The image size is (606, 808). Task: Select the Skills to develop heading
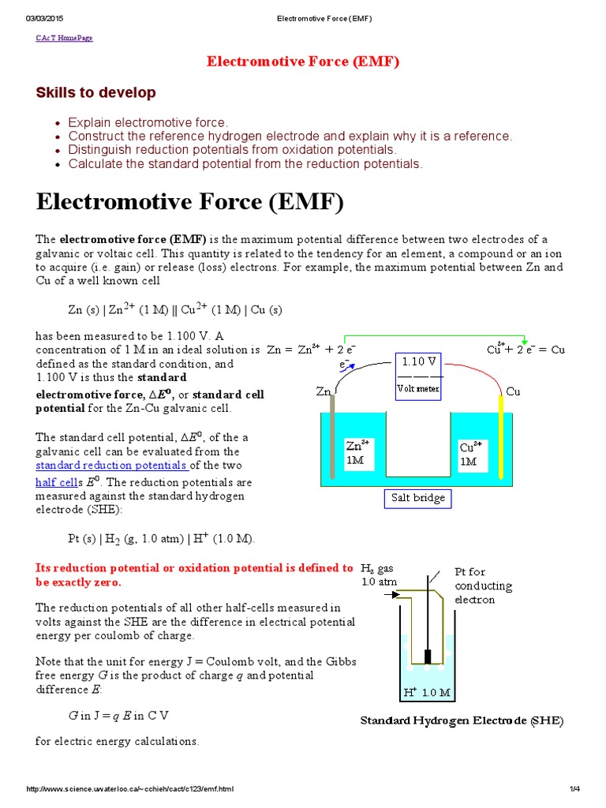95,92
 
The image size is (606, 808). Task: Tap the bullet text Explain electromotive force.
148,122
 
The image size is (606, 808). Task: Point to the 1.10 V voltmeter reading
419,361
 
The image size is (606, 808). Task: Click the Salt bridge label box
418,498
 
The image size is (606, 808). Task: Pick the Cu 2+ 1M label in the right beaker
470,454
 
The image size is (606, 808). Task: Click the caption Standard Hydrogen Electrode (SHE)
462,720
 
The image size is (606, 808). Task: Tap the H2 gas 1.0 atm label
377,575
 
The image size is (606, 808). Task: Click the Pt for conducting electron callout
483,585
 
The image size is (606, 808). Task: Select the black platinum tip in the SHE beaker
428,656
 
